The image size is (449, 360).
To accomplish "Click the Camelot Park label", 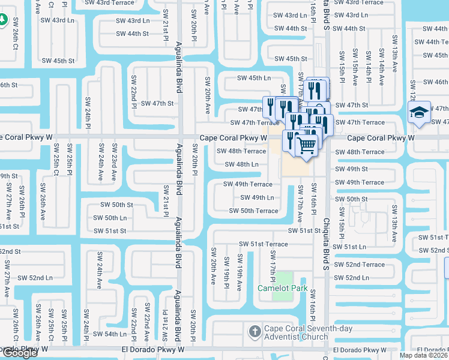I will [x=282, y=288].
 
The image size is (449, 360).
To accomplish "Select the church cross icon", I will [x=255, y=331].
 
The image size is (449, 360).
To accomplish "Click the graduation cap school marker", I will [x=418, y=112].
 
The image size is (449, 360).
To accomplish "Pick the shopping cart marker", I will [x=306, y=145].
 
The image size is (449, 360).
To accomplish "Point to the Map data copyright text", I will [x=423, y=355].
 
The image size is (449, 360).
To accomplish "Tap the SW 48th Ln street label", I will [x=241, y=164].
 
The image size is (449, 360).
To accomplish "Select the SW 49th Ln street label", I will [x=257, y=197].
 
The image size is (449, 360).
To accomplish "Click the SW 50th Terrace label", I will [x=253, y=211].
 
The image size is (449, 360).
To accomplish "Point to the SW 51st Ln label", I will [x=350, y=247].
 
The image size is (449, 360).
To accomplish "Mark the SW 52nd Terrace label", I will [x=359, y=264].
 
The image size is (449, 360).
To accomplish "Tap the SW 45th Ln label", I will [x=253, y=78].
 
